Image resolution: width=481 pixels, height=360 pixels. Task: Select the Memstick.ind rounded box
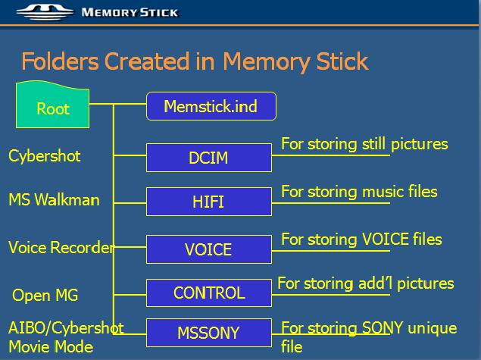tap(211, 106)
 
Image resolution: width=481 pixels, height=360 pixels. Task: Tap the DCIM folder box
tap(209, 158)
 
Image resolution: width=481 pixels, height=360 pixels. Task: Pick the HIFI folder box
tap(209, 202)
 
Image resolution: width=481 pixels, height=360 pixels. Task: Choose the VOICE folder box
tap(209, 249)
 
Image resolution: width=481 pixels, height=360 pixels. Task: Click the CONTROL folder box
tap(209, 293)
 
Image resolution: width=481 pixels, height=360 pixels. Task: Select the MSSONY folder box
tap(209, 333)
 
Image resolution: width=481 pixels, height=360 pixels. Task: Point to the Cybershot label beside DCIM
tap(45, 156)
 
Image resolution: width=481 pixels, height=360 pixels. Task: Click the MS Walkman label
tap(54, 200)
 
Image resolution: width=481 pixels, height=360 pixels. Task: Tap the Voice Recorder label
tap(61, 247)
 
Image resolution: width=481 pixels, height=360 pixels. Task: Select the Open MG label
tap(45, 296)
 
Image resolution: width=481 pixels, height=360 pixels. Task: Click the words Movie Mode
tap(51, 347)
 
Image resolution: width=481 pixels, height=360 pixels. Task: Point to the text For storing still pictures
tap(364, 144)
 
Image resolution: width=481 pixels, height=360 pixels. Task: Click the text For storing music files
tap(359, 192)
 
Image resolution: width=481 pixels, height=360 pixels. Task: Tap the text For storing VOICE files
tap(361, 239)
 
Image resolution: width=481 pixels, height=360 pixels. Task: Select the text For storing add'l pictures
tap(366, 283)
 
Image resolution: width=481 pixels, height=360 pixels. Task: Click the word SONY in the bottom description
tap(383, 327)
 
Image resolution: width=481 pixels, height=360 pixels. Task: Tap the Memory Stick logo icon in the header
tap(45, 12)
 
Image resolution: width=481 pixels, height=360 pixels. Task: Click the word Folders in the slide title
tap(60, 61)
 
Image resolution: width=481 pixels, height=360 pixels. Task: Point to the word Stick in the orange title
tap(342, 61)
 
